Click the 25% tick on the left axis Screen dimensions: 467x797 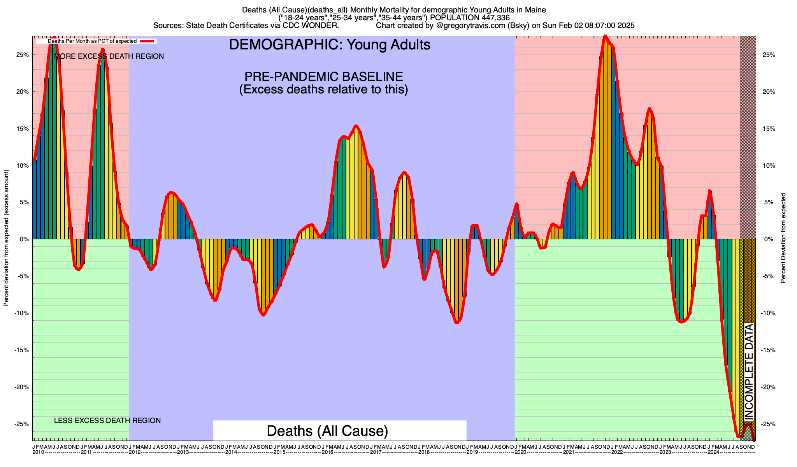33,55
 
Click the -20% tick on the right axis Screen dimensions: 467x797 755,387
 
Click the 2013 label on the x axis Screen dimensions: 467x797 183,452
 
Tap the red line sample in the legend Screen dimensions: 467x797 148,41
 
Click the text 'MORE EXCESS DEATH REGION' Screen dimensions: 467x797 109,56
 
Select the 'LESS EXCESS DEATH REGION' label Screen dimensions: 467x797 107,421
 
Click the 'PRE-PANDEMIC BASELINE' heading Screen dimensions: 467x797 323,76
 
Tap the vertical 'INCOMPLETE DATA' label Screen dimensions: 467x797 749,372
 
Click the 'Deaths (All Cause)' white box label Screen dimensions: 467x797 327,431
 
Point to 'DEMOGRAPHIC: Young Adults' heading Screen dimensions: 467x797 330,45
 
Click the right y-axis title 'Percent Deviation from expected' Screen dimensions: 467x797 783,238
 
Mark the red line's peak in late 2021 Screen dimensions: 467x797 605,37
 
